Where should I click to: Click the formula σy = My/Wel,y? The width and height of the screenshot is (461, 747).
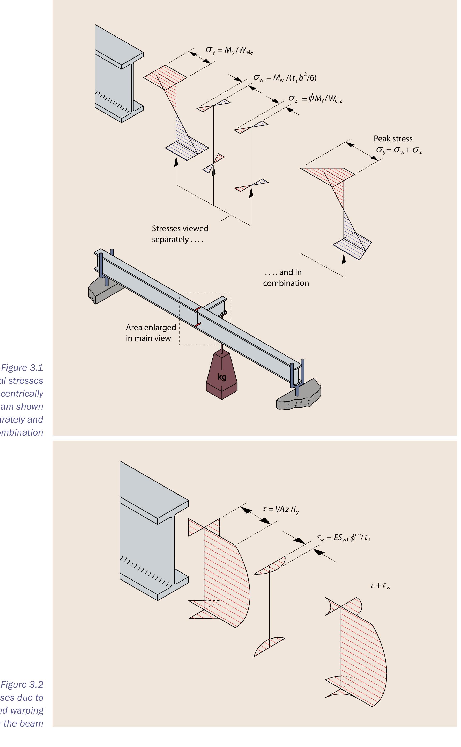tap(229, 50)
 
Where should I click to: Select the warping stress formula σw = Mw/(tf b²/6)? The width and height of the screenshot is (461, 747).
tap(285, 78)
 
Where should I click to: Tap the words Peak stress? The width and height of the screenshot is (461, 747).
tap(393, 139)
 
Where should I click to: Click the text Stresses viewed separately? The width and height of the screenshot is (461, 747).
tap(180, 234)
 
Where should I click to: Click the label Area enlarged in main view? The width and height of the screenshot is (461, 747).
tap(151, 333)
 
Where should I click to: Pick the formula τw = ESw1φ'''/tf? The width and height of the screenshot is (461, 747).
tap(344, 538)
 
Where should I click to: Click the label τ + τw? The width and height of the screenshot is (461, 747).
tap(380, 586)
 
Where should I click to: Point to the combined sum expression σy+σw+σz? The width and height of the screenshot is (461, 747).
tap(398, 150)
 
